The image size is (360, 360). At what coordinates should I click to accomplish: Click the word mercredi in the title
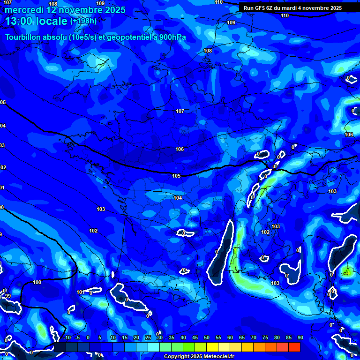23,10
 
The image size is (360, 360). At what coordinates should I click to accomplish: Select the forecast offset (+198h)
83,21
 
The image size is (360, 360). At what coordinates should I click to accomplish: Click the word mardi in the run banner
292,8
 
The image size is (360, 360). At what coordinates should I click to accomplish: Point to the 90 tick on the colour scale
300,337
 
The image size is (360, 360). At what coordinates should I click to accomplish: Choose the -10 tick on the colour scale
66,337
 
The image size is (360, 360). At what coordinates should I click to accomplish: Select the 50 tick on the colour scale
206,337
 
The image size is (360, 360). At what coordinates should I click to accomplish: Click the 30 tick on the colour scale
159,337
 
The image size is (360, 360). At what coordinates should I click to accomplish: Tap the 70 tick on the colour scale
253,337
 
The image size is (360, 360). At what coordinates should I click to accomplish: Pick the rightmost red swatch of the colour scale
294,347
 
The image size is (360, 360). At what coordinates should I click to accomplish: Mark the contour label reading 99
7,296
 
